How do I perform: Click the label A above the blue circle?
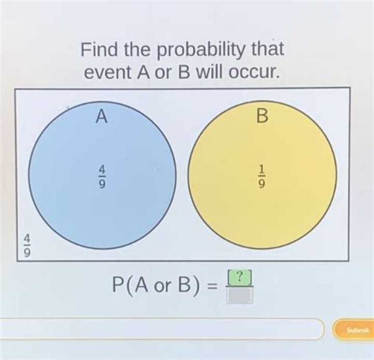point(102,117)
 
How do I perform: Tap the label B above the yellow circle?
point(262,117)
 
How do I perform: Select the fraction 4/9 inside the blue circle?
point(102,177)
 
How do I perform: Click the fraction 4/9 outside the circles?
point(27,245)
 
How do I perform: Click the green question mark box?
point(239,278)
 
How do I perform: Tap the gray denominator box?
point(239,295)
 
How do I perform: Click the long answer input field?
point(161,329)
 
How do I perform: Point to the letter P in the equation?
point(119,285)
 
